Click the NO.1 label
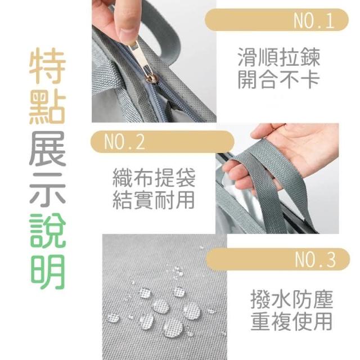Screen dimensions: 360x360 click(x=314, y=21)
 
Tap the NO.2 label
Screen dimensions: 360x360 click(x=124, y=142)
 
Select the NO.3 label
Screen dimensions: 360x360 click(x=315, y=260)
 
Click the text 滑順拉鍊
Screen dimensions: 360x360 click(x=279, y=57)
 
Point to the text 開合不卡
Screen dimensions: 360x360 click(x=279, y=79)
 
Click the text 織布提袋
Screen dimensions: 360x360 click(x=154, y=178)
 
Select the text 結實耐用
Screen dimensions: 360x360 click(x=154, y=200)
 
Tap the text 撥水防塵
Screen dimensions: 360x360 click(x=291, y=299)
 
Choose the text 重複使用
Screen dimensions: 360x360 click(x=291, y=321)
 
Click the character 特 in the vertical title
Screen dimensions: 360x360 click(x=48, y=65)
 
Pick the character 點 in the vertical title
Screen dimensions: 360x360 click(x=48, y=106)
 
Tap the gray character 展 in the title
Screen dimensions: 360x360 click(x=48, y=148)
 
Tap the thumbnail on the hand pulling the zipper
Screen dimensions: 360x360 click(x=127, y=32)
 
